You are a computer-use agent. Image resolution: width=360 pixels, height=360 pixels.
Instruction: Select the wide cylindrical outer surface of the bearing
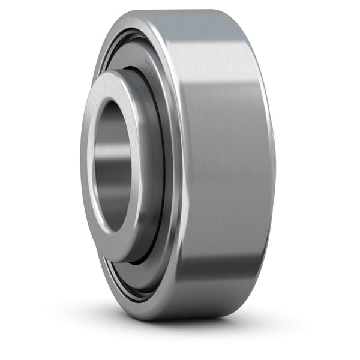tap(222, 162)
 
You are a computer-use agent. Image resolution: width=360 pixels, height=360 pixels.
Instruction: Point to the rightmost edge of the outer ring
tap(275, 165)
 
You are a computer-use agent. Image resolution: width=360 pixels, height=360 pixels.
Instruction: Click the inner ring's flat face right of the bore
tap(137, 165)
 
